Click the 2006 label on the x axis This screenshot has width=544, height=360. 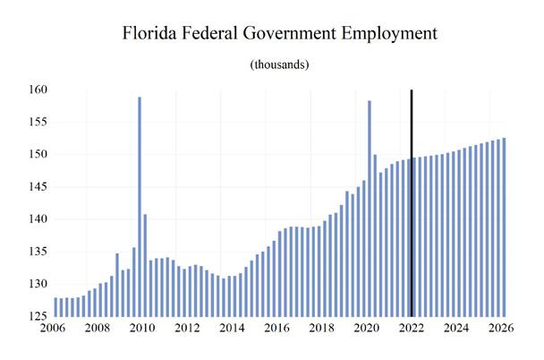pyautogui.click(x=52, y=329)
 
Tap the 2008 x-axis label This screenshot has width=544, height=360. pyautogui.click(x=97, y=329)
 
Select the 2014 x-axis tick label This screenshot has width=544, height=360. pyautogui.click(x=233, y=329)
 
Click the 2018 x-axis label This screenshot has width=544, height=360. pyautogui.click(x=322, y=329)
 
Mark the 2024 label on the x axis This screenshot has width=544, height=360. pyautogui.click(x=457, y=329)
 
